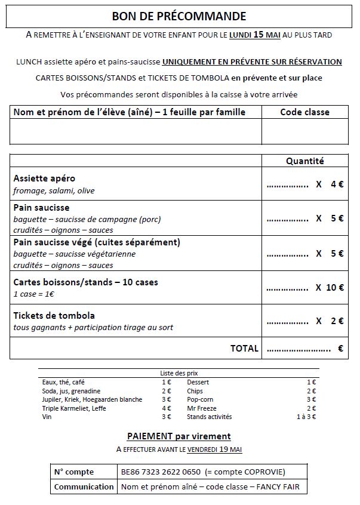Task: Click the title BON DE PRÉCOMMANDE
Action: (179, 16)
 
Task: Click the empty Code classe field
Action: (304, 131)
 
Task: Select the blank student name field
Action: (136, 131)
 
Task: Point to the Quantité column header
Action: (304, 161)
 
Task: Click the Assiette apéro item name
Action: (44, 178)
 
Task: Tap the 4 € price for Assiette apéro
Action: (337, 184)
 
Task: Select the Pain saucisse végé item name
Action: (97, 242)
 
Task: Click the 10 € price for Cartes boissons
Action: (334, 287)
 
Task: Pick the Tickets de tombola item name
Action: (54, 315)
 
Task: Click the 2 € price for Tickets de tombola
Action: (337, 321)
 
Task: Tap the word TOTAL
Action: (244, 349)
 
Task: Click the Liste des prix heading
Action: (179, 373)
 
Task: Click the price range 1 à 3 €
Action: (306, 417)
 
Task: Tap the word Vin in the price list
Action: (47, 417)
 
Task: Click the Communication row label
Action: (84, 486)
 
